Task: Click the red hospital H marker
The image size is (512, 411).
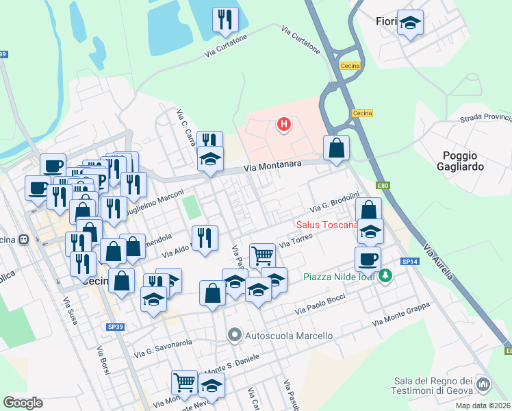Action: pyautogui.click(x=283, y=124)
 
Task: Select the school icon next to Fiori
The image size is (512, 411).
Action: pyautogui.click(x=410, y=23)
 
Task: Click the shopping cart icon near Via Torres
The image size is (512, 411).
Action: pyautogui.click(x=262, y=256)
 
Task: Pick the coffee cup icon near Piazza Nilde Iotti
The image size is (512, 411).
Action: pyautogui.click(x=368, y=260)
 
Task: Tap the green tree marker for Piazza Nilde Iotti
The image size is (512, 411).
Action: pyautogui.click(x=386, y=277)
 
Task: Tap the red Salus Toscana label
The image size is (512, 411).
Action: pyautogui.click(x=327, y=225)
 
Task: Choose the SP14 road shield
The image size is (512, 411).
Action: pyautogui.click(x=409, y=262)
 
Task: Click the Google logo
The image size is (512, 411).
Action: pyautogui.click(x=23, y=403)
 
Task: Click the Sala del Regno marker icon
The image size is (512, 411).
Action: pyautogui.click(x=483, y=385)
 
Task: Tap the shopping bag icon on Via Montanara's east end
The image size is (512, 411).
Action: pyautogui.click(x=336, y=148)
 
